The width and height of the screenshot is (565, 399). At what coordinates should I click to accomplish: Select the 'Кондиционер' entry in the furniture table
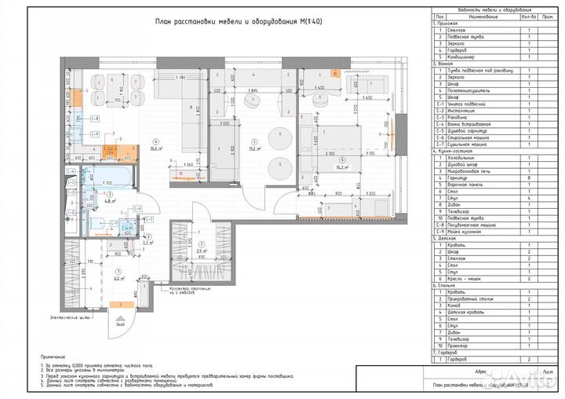468,57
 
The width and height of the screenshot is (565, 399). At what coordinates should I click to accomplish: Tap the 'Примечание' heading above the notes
55,356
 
